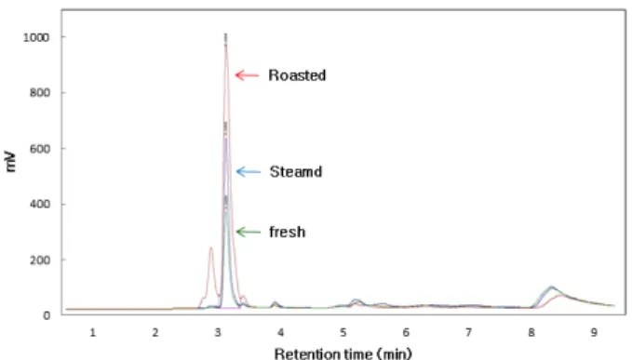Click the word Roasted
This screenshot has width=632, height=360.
[x=297, y=75]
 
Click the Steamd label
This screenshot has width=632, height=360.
[x=296, y=172]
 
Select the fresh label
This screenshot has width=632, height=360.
[x=288, y=232]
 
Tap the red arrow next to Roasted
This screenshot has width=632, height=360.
[x=247, y=75]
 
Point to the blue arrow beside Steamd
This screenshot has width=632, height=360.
[x=248, y=172]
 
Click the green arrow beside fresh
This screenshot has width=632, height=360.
[x=248, y=232]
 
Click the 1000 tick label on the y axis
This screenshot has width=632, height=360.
[x=36, y=37]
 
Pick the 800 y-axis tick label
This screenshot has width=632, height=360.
[x=39, y=93]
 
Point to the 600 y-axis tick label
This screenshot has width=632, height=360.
[x=39, y=149]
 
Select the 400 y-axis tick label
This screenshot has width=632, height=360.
[x=39, y=205]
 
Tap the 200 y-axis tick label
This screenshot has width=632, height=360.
[x=39, y=260]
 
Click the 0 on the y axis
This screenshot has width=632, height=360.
[x=47, y=315]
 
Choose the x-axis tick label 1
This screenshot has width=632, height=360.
[x=93, y=333]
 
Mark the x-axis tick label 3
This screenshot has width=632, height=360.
[x=218, y=333]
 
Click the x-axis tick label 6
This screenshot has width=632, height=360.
[x=406, y=333]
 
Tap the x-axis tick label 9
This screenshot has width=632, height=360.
[x=594, y=333]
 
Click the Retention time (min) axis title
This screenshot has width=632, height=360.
[x=343, y=354]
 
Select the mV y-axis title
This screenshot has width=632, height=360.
[x=10, y=162]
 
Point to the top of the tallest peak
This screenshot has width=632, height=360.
[x=225, y=34]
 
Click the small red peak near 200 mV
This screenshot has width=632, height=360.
[x=210, y=247]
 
